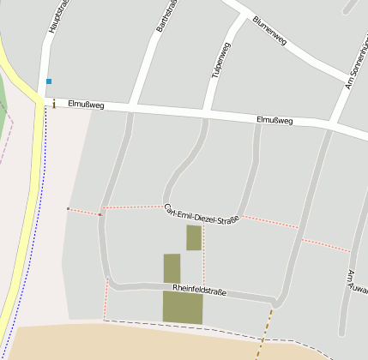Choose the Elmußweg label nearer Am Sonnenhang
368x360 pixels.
[x=274, y=121]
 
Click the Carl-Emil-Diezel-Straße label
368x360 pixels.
[x=201, y=213]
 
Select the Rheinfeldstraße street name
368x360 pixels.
[x=198, y=291]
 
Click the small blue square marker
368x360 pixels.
[x=49, y=81]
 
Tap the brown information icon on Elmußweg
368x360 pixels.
[x=54, y=104]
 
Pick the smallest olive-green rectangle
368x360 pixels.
[x=194, y=237]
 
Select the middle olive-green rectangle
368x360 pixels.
[x=172, y=267]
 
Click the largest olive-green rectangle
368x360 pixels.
[x=183, y=308]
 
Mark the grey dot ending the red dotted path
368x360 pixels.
[x=68, y=208]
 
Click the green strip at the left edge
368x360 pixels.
[x=5, y=107]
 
